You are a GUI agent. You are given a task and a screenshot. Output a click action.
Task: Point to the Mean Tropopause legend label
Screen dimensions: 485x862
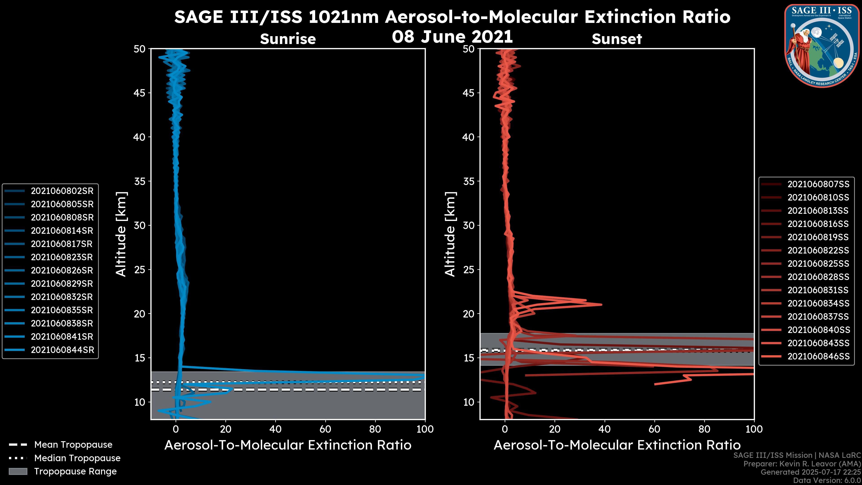click(73, 445)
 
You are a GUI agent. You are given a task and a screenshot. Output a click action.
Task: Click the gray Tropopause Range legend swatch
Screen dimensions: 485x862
click(18, 471)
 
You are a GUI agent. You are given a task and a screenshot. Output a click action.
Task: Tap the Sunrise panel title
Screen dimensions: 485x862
click(288, 39)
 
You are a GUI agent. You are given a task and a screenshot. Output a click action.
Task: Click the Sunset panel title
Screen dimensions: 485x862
click(617, 39)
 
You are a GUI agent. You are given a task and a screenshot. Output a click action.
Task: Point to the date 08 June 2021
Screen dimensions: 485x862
click(452, 37)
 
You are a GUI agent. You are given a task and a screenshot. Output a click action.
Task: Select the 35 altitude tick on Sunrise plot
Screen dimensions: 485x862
click(140, 181)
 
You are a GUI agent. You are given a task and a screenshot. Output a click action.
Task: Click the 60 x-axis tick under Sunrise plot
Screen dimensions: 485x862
click(325, 429)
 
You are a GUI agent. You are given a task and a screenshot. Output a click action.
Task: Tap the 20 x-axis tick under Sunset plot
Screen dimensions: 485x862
click(554, 429)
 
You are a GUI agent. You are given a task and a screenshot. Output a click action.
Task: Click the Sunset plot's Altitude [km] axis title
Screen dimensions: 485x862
click(450, 234)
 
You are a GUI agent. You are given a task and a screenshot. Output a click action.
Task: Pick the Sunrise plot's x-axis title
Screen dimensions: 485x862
click(288, 445)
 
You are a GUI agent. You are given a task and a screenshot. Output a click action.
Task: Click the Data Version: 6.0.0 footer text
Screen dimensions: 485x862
click(827, 481)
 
